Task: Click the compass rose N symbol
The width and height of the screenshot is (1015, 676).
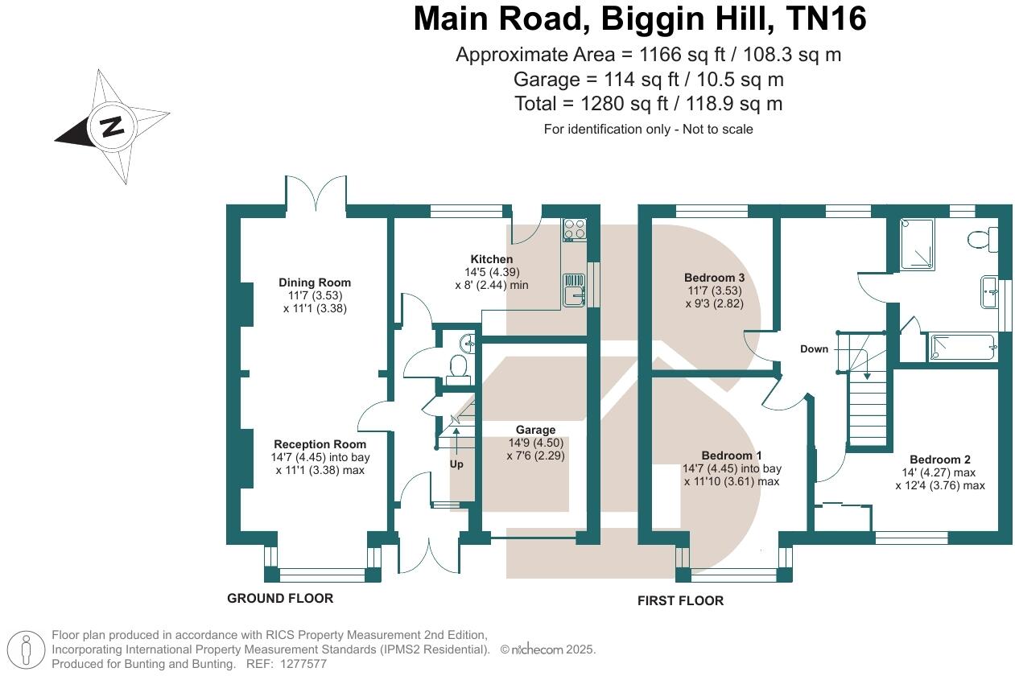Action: click(112, 126)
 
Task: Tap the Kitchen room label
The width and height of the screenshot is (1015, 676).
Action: click(492, 259)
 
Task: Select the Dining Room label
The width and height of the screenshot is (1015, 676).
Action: click(315, 282)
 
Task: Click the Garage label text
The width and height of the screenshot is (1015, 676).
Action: click(535, 430)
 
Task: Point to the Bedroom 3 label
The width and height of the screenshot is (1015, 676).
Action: click(714, 278)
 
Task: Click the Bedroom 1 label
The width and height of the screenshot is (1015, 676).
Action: click(731, 455)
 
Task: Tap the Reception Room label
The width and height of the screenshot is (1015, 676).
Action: click(320, 444)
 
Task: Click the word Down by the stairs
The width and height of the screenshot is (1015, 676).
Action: click(814, 349)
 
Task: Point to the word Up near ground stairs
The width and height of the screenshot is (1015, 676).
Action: click(456, 464)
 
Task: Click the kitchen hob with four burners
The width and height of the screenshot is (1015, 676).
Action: click(575, 229)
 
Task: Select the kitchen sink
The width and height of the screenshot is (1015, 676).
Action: click(575, 290)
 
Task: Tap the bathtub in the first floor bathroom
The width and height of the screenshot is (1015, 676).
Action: click(963, 348)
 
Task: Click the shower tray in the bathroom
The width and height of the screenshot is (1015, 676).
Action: click(918, 244)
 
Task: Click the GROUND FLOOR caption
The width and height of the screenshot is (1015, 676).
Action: click(279, 598)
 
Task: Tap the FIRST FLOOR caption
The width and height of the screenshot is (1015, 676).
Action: click(680, 600)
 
